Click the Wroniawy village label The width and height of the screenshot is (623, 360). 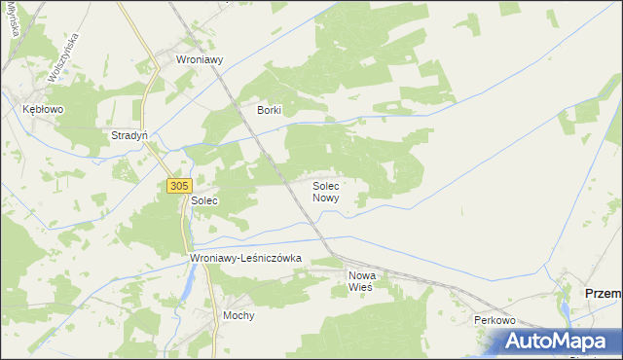(200, 59)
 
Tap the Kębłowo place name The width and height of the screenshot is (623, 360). (43, 110)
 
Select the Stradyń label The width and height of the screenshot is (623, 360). (129, 135)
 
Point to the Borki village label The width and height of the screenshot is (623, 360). (269, 110)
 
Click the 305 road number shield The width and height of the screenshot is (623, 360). (178, 185)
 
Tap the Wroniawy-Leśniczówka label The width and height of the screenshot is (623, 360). (247, 258)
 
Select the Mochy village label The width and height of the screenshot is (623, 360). (238, 316)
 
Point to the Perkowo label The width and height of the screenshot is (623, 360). (494, 320)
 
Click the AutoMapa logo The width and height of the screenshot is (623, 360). (561, 341)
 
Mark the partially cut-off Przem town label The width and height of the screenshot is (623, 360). (602, 293)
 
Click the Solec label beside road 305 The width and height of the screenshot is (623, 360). (204, 200)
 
